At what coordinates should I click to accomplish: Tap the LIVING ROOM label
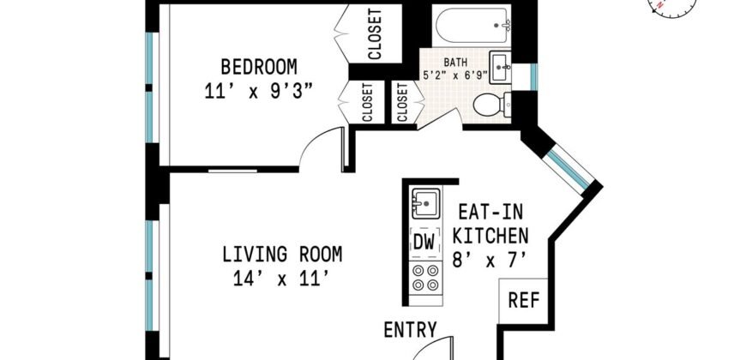[x=282, y=255]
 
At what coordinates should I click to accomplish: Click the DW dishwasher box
[x=424, y=241]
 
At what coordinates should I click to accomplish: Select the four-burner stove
[x=424, y=280]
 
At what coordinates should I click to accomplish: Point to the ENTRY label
[x=411, y=329]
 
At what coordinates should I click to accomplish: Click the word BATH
[x=456, y=62]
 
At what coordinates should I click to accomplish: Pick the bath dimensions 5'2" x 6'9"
[x=454, y=75]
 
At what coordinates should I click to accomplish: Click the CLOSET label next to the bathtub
[x=375, y=34]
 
